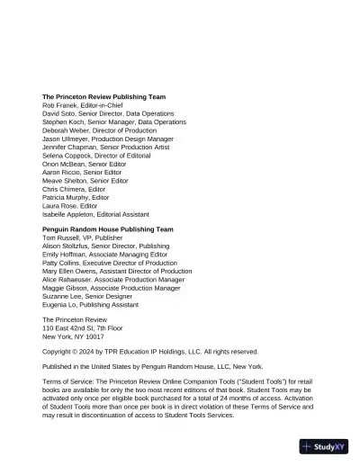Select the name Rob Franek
pyautogui.click(x=58, y=105)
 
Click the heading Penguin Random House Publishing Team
pyautogui.click(x=107, y=229)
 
